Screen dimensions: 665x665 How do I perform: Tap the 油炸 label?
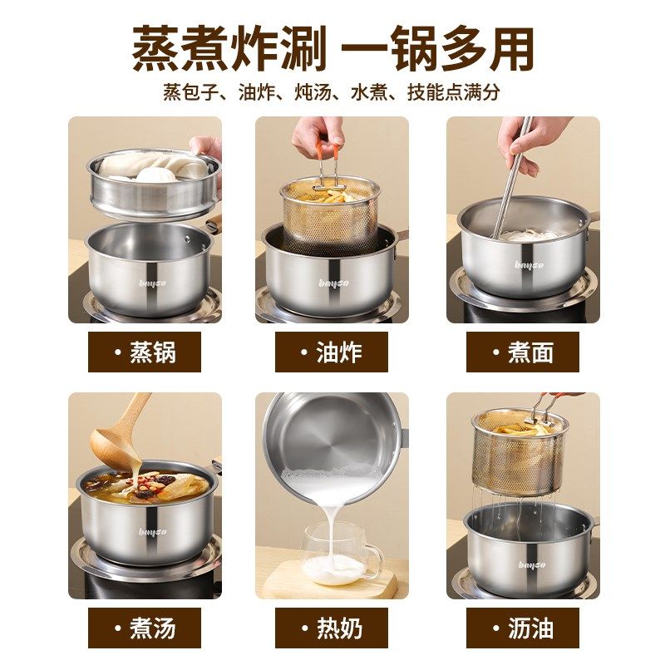point(332,352)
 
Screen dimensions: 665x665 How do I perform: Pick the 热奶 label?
point(332,628)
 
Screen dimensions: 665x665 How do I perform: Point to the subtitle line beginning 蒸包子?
point(332,91)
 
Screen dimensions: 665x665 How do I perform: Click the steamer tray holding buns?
point(154,185)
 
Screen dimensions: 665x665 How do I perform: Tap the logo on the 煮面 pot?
point(529,265)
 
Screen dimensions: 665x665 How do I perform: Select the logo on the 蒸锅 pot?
point(150,283)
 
